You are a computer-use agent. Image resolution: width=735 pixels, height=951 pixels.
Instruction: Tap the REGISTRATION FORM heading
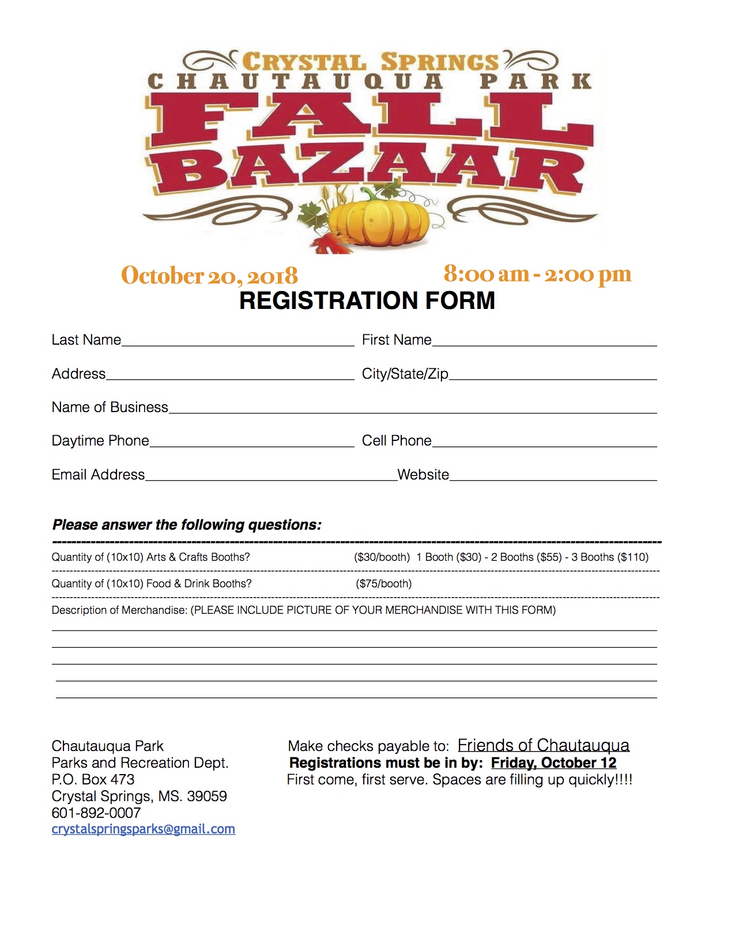(x=367, y=301)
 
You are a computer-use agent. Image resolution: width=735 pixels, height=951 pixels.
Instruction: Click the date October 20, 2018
(x=209, y=276)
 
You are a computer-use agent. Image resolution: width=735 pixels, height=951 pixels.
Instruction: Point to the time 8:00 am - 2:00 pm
(x=537, y=274)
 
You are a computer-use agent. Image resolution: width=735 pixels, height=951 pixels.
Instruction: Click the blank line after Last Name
(x=238, y=341)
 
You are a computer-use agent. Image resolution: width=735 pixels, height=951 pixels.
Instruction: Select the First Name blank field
(x=544, y=341)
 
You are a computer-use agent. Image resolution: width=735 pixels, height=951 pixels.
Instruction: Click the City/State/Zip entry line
(x=553, y=375)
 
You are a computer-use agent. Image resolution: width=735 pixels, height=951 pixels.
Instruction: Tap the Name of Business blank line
(x=412, y=408)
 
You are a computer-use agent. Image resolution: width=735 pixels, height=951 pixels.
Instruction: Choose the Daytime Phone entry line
(x=251, y=441)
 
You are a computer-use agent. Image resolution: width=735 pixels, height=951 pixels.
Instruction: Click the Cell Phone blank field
(x=544, y=441)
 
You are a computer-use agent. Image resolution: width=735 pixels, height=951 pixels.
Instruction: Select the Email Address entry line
(x=271, y=476)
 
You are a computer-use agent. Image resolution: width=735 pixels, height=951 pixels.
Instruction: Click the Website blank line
(x=553, y=476)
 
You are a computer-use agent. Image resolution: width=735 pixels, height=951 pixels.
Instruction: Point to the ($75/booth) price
(x=384, y=584)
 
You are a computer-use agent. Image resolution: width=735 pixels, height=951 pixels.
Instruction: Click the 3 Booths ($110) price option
(x=610, y=557)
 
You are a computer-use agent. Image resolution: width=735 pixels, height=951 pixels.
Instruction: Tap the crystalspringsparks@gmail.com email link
(x=144, y=829)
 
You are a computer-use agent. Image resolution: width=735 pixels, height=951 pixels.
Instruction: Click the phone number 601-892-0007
(x=96, y=813)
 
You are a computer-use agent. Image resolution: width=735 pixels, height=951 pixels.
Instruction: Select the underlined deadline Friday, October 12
(x=553, y=763)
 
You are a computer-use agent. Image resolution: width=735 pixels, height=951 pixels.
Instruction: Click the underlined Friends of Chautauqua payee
(x=543, y=746)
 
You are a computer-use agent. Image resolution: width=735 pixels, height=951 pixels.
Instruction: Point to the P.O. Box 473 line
(x=93, y=779)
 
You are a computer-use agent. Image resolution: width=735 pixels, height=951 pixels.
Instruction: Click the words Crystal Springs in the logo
(x=370, y=62)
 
